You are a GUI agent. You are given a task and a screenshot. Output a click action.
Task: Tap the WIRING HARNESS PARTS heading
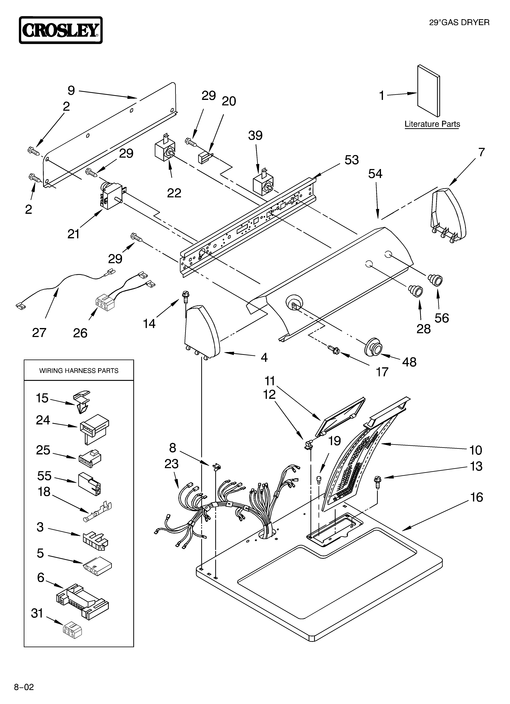79,371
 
